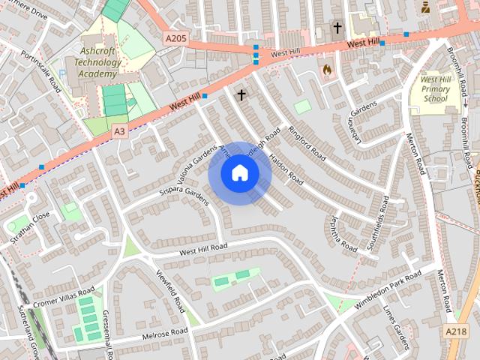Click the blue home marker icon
[239, 173]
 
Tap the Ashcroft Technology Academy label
[99, 62]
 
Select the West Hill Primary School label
[435, 88]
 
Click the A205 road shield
[175, 37]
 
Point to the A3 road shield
[119, 130]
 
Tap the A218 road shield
[455, 331]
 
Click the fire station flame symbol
[326, 70]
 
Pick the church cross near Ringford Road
[241, 95]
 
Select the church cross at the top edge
[337, 28]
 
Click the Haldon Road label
[286, 169]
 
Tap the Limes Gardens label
[396, 327]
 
